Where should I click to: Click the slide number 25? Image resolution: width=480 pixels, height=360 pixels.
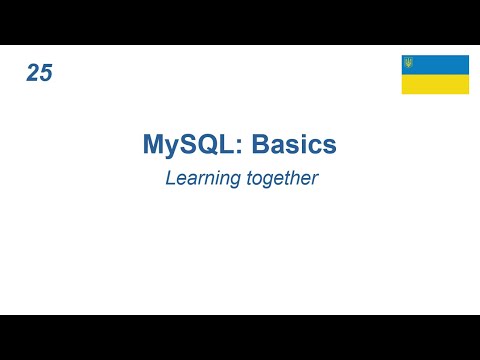pyautogui.click(x=40, y=73)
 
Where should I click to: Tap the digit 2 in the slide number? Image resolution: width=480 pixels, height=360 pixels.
pyautogui.click(x=34, y=73)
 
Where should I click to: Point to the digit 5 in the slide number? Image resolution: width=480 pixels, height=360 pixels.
pyautogui.click(x=46, y=73)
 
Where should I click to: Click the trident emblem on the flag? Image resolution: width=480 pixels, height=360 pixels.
pyautogui.click(x=408, y=63)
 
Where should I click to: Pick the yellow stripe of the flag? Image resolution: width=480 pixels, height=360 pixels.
pyautogui.click(x=435, y=84)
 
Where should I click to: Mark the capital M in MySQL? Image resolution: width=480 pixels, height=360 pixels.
pyautogui.click(x=153, y=145)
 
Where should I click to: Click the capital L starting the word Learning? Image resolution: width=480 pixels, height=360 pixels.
pyautogui.click(x=168, y=180)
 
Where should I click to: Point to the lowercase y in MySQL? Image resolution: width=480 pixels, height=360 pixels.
pyautogui.click(x=172, y=148)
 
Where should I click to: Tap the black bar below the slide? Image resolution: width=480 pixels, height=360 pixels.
pyautogui.click(x=240, y=337)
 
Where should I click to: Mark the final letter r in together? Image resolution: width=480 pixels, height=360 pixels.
pyautogui.click(x=314, y=181)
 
